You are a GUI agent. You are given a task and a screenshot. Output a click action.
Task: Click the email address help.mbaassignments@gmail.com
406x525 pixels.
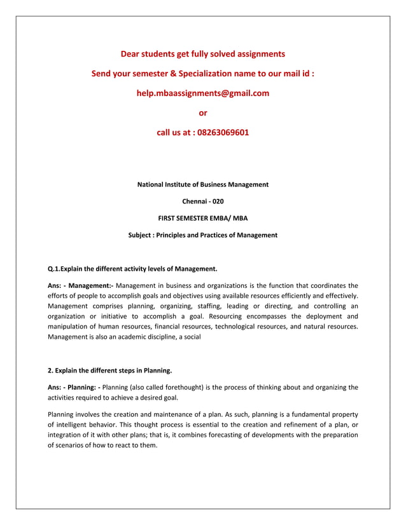203,93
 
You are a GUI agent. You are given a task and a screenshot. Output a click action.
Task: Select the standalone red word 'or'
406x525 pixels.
203,113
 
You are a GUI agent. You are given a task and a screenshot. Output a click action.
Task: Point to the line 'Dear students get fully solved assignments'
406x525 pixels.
203,54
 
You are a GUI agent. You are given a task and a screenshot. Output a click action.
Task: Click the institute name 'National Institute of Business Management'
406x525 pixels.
203,184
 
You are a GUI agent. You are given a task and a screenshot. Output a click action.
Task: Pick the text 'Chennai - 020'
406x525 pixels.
203,201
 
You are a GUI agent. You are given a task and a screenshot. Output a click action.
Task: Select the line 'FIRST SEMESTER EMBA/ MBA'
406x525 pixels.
203,218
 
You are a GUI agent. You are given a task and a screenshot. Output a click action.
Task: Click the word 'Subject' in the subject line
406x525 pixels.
141,235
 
